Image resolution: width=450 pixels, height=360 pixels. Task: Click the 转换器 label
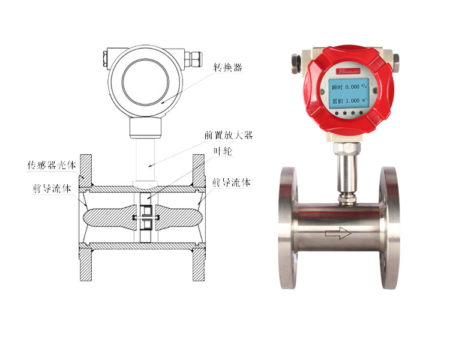coord(228,68)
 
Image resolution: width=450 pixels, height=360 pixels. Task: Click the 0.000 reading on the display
coord(355,88)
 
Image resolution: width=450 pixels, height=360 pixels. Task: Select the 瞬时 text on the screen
coord(338,88)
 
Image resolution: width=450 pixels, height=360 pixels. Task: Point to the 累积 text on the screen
coord(338,101)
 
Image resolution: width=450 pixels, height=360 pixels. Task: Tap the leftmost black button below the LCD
coord(337,112)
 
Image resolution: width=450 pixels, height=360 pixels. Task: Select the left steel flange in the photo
coord(289,227)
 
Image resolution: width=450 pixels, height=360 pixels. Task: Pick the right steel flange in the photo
coord(389,227)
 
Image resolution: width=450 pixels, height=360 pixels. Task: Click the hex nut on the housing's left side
coord(296,61)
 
